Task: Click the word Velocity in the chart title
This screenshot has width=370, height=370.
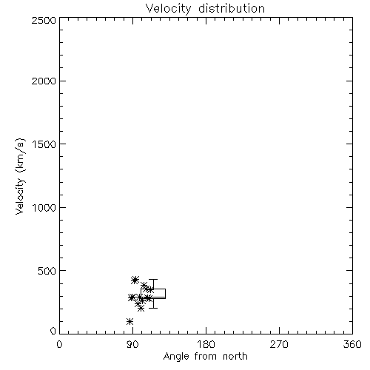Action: coord(168,9)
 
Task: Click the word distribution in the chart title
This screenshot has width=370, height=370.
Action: coord(232,8)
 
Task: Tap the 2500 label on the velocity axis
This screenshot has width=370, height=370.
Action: coord(44,20)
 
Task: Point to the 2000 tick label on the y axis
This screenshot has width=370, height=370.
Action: coord(44,81)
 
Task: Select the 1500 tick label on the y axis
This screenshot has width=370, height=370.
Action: coord(44,144)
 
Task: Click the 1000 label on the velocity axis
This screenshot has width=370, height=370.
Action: coord(44,207)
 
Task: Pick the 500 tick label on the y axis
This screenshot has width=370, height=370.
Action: coord(47,271)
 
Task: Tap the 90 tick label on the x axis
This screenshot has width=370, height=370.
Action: coord(132,344)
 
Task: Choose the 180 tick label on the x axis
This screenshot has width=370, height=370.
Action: coord(206,344)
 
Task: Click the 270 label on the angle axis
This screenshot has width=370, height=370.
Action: coord(279,344)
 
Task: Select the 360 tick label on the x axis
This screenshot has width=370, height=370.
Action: coord(352,344)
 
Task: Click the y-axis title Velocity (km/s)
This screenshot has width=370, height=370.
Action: coord(20,176)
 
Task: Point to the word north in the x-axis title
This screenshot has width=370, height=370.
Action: coord(235,357)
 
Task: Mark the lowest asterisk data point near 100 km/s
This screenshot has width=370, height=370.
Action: coord(129,321)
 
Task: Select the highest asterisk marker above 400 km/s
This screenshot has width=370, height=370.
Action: coord(135,280)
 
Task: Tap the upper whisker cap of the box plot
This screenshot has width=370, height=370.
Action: coord(153,280)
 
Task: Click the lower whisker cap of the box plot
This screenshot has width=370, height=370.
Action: coord(153,308)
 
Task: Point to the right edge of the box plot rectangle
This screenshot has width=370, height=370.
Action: coord(165,294)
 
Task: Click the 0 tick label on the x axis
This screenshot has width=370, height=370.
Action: coord(59,344)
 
